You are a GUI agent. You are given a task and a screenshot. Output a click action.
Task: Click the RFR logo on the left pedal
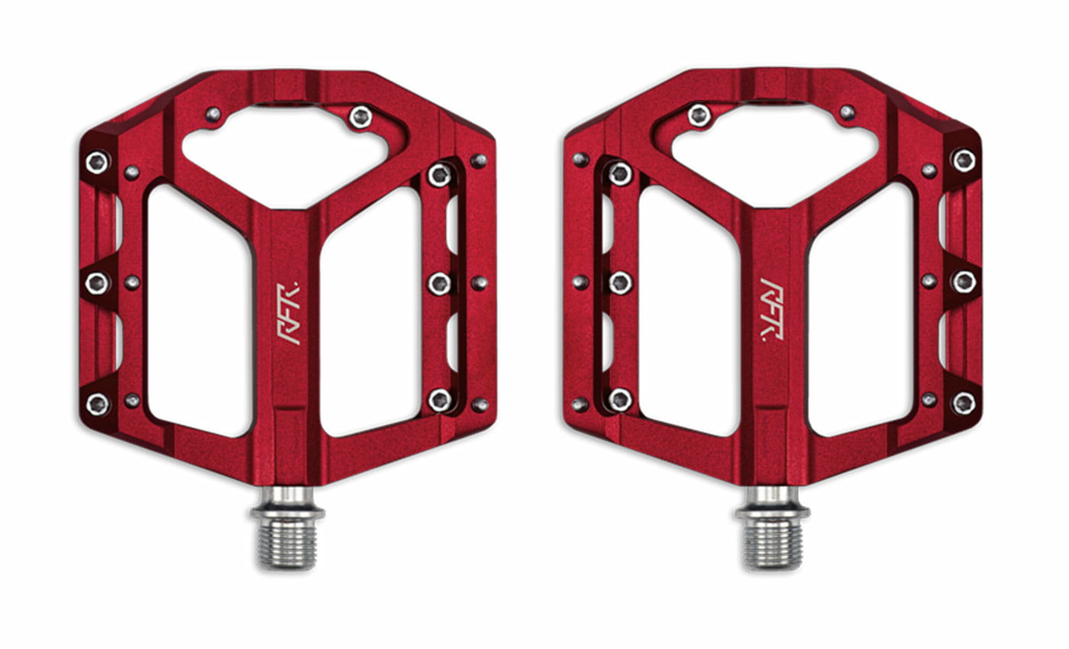[288, 313]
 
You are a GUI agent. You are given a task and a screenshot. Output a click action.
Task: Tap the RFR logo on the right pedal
[771, 309]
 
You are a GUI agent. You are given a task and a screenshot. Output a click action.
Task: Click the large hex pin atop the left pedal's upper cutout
[360, 117]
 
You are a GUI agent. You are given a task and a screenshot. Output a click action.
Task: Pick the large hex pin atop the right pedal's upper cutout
[699, 115]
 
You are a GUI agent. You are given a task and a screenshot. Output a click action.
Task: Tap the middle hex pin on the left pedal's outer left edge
[97, 283]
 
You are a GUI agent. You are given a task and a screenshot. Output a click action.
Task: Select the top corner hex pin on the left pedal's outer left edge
[97, 162]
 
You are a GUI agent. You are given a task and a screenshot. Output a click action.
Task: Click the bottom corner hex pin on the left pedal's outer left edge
[97, 404]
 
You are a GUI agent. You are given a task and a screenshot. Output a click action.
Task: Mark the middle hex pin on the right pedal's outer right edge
[964, 282]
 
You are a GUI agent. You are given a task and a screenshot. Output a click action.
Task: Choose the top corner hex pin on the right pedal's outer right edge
[964, 160]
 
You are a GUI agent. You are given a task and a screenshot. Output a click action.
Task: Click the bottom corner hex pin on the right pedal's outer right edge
[964, 402]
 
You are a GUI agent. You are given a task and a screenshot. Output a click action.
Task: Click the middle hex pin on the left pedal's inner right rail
[440, 284]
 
